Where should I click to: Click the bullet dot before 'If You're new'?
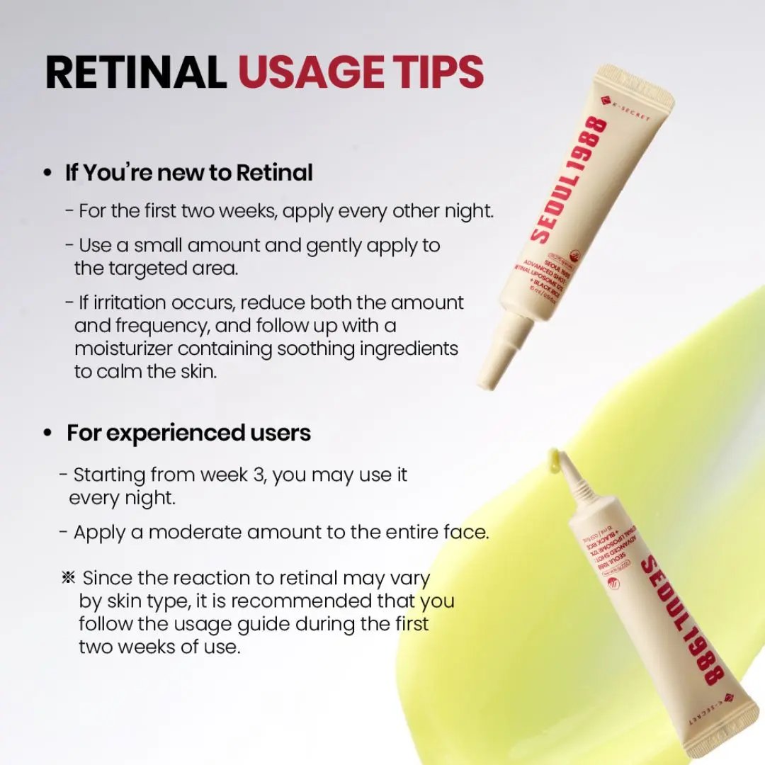pyautogui.click(x=47, y=174)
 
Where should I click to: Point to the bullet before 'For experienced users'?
pyautogui.click(x=47, y=433)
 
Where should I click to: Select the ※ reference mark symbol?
pyautogui.click(x=69, y=578)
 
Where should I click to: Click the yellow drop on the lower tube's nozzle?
pyautogui.click(x=554, y=460)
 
